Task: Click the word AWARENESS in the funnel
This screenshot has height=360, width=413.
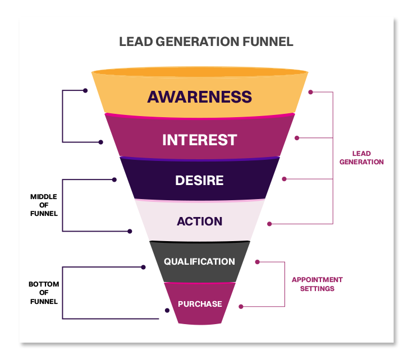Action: pyautogui.click(x=199, y=96)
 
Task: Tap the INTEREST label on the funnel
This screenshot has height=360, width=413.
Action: pyautogui.click(x=199, y=140)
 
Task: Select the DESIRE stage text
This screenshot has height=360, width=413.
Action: pyautogui.click(x=199, y=181)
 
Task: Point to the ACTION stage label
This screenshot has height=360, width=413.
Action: pyautogui.click(x=199, y=221)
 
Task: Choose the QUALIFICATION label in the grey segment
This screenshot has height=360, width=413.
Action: pyautogui.click(x=199, y=262)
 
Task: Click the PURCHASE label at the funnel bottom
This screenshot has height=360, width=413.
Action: pyautogui.click(x=200, y=304)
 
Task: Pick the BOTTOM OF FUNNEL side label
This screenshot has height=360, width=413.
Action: pyautogui.click(x=44, y=293)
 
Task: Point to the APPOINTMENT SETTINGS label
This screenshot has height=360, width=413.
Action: pyautogui.click(x=317, y=284)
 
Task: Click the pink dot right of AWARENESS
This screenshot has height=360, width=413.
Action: pyautogui.click(x=310, y=91)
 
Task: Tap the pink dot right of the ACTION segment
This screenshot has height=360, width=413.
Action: pyautogui.click(x=269, y=224)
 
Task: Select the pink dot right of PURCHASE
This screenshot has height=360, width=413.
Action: pyautogui.click(x=241, y=306)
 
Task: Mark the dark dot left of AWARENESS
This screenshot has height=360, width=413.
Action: pyautogui.click(x=85, y=90)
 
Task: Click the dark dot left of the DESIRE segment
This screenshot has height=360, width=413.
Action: pyautogui.click(x=114, y=180)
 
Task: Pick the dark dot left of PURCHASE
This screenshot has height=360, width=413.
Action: pyautogui.click(x=167, y=310)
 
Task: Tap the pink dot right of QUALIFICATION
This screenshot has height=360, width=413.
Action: pyautogui.click(x=257, y=262)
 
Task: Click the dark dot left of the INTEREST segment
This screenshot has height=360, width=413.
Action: pyautogui.click(x=101, y=142)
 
